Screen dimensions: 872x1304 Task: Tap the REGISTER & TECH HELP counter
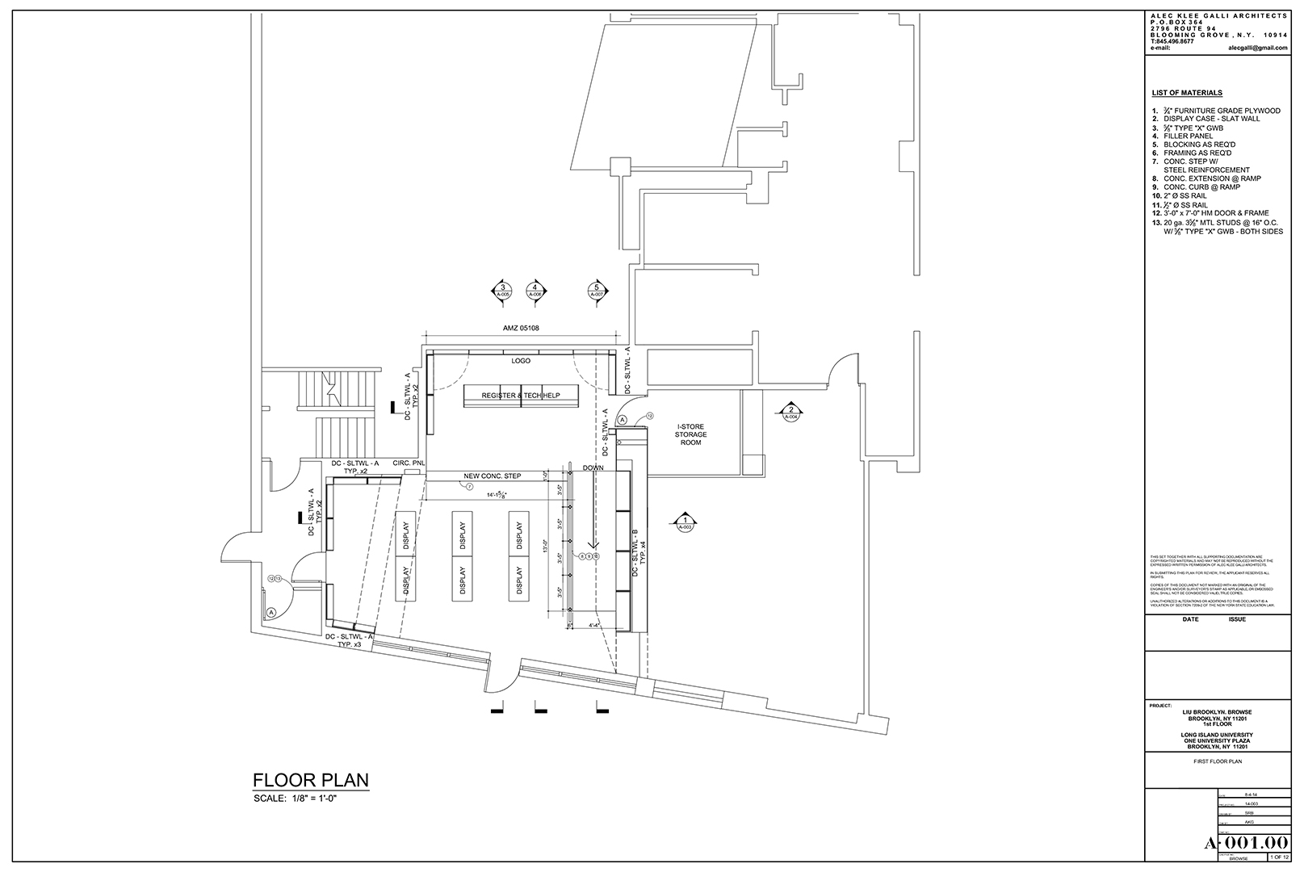(x=521, y=396)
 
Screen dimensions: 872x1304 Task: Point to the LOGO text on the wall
(x=521, y=361)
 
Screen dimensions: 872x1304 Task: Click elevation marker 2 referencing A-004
(x=791, y=412)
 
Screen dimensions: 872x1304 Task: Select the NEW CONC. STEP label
(x=492, y=476)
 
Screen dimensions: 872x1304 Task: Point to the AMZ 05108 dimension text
(x=521, y=328)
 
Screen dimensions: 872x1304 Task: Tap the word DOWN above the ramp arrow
(x=593, y=468)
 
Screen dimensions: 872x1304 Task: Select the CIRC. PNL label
(x=408, y=463)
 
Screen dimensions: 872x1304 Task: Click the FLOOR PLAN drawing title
(x=311, y=780)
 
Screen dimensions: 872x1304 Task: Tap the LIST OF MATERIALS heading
(x=1186, y=93)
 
